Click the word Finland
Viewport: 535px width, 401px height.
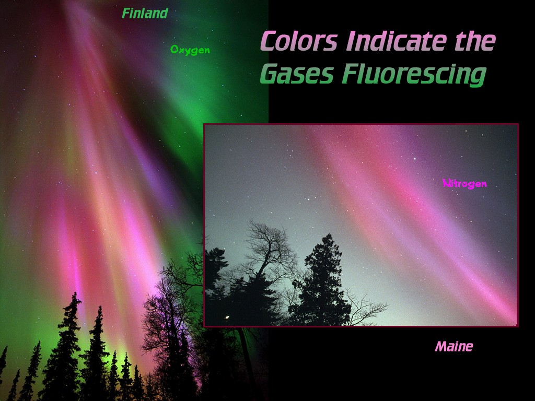pos(145,14)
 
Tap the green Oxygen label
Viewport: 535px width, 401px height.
pos(190,50)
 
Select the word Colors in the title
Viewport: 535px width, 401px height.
pos(298,41)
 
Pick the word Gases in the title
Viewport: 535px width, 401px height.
pos(296,74)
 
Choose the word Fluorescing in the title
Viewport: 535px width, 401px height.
pos(414,75)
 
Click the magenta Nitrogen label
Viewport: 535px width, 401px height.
pos(464,183)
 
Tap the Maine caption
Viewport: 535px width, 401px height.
pos(453,346)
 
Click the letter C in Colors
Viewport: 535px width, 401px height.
pos(270,41)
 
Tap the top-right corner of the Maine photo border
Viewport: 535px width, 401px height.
pos(518,124)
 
